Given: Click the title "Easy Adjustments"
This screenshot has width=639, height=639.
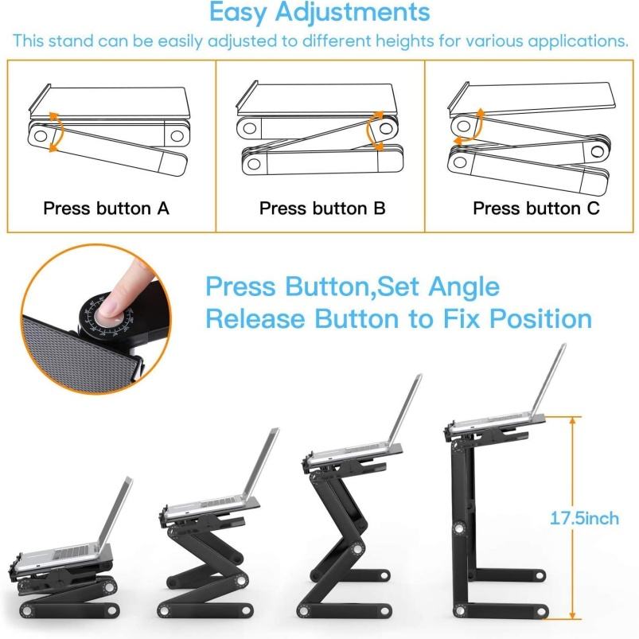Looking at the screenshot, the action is pos(320,12).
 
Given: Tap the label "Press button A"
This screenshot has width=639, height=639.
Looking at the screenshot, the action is pos(106,208).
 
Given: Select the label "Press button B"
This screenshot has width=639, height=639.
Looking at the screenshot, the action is pos(322,208).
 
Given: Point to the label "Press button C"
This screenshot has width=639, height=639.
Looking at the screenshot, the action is pos(536,208).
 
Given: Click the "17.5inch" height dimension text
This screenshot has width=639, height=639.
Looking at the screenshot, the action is pos(584,518).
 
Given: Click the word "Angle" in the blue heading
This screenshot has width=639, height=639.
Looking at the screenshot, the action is pos(464,287).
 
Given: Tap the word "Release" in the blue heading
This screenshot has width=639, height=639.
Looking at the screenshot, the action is pos(255,318).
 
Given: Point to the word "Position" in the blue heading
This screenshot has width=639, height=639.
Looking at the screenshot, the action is pos(540,318).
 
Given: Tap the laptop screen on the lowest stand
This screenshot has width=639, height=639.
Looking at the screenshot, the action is pos(115,511).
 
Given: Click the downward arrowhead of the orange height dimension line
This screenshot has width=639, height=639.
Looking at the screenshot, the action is pos(573,613).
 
